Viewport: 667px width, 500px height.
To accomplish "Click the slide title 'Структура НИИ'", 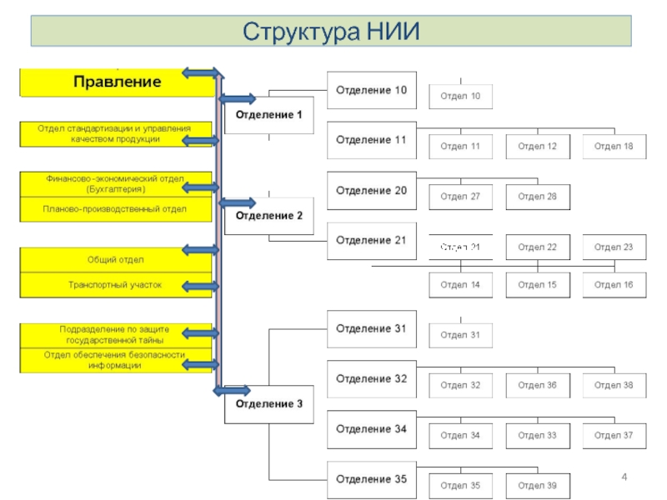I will (x=332, y=32).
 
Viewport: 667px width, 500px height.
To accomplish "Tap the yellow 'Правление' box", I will (x=117, y=82).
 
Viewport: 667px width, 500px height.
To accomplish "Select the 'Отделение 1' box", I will (x=268, y=114).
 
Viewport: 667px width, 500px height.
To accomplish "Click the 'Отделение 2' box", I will (x=268, y=216).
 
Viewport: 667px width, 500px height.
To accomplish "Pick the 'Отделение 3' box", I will (x=268, y=405).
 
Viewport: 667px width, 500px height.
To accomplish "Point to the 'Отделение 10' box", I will (x=371, y=90).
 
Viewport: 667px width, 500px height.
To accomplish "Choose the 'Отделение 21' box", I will (x=371, y=241).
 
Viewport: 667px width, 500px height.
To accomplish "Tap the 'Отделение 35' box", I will (x=371, y=480).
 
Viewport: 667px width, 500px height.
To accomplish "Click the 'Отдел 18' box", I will (x=614, y=147).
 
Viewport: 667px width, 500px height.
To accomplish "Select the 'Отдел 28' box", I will (x=537, y=197).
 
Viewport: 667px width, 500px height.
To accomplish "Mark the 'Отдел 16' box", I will (x=614, y=285).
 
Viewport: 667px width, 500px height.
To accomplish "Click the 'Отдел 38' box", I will (x=614, y=385).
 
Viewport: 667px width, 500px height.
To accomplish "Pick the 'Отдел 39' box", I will (x=537, y=485).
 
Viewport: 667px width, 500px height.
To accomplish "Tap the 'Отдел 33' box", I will (x=537, y=435).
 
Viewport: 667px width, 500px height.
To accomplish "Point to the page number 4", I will (x=624, y=476).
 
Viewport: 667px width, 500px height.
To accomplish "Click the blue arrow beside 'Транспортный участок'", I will (x=200, y=287).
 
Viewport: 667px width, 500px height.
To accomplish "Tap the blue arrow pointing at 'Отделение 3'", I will (x=234, y=390).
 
